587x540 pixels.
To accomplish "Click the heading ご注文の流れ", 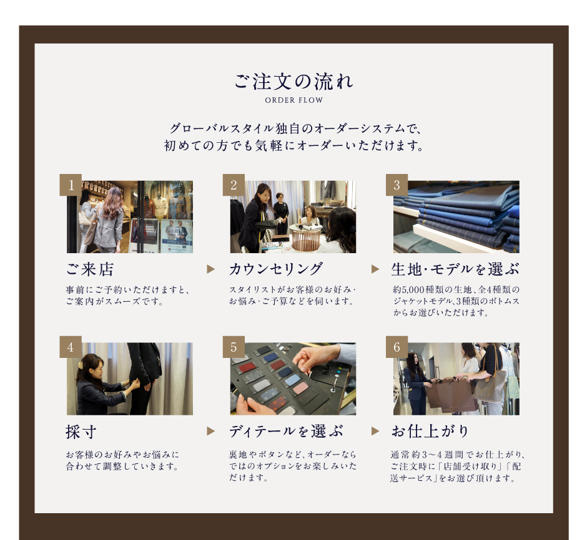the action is pyautogui.click(x=294, y=82).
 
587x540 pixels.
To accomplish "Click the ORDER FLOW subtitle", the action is pyautogui.click(x=294, y=100).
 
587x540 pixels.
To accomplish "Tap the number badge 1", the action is pyautogui.click(x=71, y=185).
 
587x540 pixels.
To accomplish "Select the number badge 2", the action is pyautogui.click(x=234, y=185).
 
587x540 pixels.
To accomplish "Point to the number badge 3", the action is pyautogui.click(x=397, y=185).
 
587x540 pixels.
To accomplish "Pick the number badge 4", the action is pyautogui.click(x=71, y=347).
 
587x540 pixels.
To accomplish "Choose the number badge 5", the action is pyautogui.click(x=234, y=347).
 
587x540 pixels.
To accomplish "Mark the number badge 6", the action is pyautogui.click(x=397, y=347).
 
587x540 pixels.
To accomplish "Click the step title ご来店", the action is pyautogui.click(x=90, y=269).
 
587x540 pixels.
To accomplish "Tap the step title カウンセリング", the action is pyautogui.click(x=276, y=269).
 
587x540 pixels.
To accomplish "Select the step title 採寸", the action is pyautogui.click(x=81, y=432).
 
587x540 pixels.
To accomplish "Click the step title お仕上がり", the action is pyautogui.click(x=430, y=432).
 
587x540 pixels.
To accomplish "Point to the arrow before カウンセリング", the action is pyautogui.click(x=211, y=269).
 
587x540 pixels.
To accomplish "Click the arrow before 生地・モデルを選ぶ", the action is pyautogui.click(x=375, y=269).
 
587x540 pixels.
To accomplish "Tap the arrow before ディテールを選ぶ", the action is pyautogui.click(x=211, y=432).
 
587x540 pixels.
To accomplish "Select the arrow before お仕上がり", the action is pyautogui.click(x=375, y=432).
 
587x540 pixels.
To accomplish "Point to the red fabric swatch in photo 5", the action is pyautogui.click(x=248, y=367).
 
